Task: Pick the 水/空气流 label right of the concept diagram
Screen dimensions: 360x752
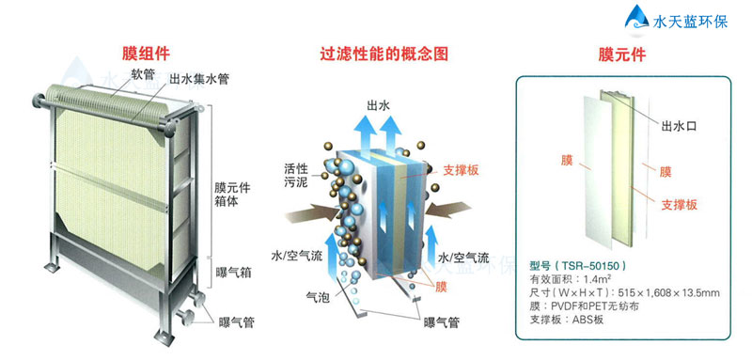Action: pyautogui.click(x=462, y=257)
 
